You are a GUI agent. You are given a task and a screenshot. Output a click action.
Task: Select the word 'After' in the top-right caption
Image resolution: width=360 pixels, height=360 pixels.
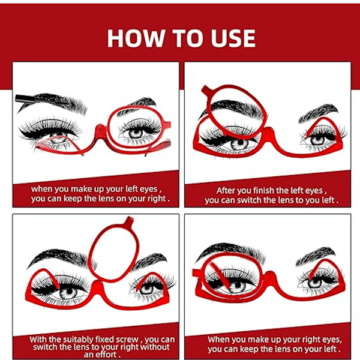(226, 191)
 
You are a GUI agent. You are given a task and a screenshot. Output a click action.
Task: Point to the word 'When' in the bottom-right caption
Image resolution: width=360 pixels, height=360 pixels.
(217, 340)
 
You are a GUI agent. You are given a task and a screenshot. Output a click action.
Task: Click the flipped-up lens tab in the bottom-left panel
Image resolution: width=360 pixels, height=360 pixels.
(129, 221)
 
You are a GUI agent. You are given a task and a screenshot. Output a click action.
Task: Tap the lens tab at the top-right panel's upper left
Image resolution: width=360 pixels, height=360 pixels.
(206, 90)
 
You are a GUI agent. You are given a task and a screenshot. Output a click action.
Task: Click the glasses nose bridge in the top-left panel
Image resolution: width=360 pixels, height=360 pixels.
(101, 133)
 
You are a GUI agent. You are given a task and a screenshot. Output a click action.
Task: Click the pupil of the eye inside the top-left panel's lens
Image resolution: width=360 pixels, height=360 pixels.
(136, 133)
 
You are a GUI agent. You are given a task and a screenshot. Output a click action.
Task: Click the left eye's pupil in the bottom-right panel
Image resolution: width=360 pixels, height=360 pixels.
(238, 286)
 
